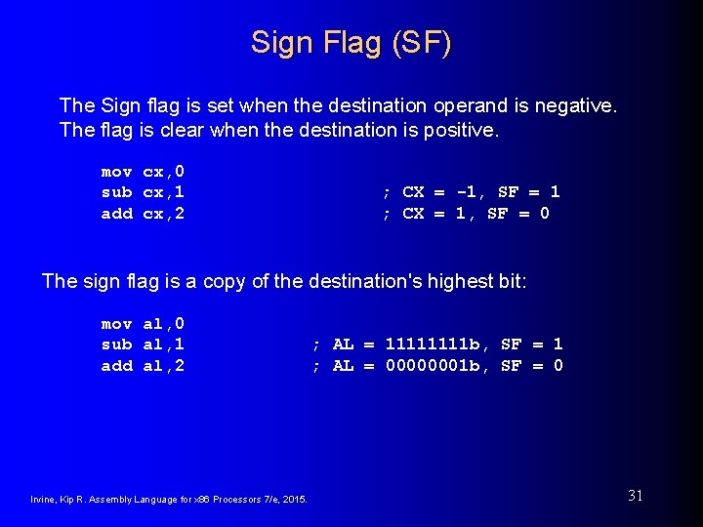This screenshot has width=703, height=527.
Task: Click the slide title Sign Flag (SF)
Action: [351, 43]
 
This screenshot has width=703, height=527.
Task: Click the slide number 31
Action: [635, 496]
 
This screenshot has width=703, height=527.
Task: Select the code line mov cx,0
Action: [143, 171]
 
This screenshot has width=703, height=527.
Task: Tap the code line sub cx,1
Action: [143, 192]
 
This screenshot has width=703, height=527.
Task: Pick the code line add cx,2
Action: [143, 214]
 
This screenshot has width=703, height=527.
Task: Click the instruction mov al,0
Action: [143, 323]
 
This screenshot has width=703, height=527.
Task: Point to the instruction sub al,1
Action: [143, 345]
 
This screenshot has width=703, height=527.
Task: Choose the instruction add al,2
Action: [143, 366]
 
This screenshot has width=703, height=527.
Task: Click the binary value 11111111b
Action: [433, 345]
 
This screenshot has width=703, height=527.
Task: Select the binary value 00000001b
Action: [433, 366]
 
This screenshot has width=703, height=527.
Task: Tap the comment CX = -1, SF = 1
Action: [471, 192]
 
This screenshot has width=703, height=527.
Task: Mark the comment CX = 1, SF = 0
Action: [465, 214]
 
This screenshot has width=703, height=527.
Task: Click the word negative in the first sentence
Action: [576, 104]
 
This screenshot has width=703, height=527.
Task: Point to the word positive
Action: [459, 129]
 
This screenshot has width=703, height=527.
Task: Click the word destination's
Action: [368, 281]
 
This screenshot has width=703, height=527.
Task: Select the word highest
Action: [461, 281]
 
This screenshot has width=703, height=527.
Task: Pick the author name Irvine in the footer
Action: [45, 500]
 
